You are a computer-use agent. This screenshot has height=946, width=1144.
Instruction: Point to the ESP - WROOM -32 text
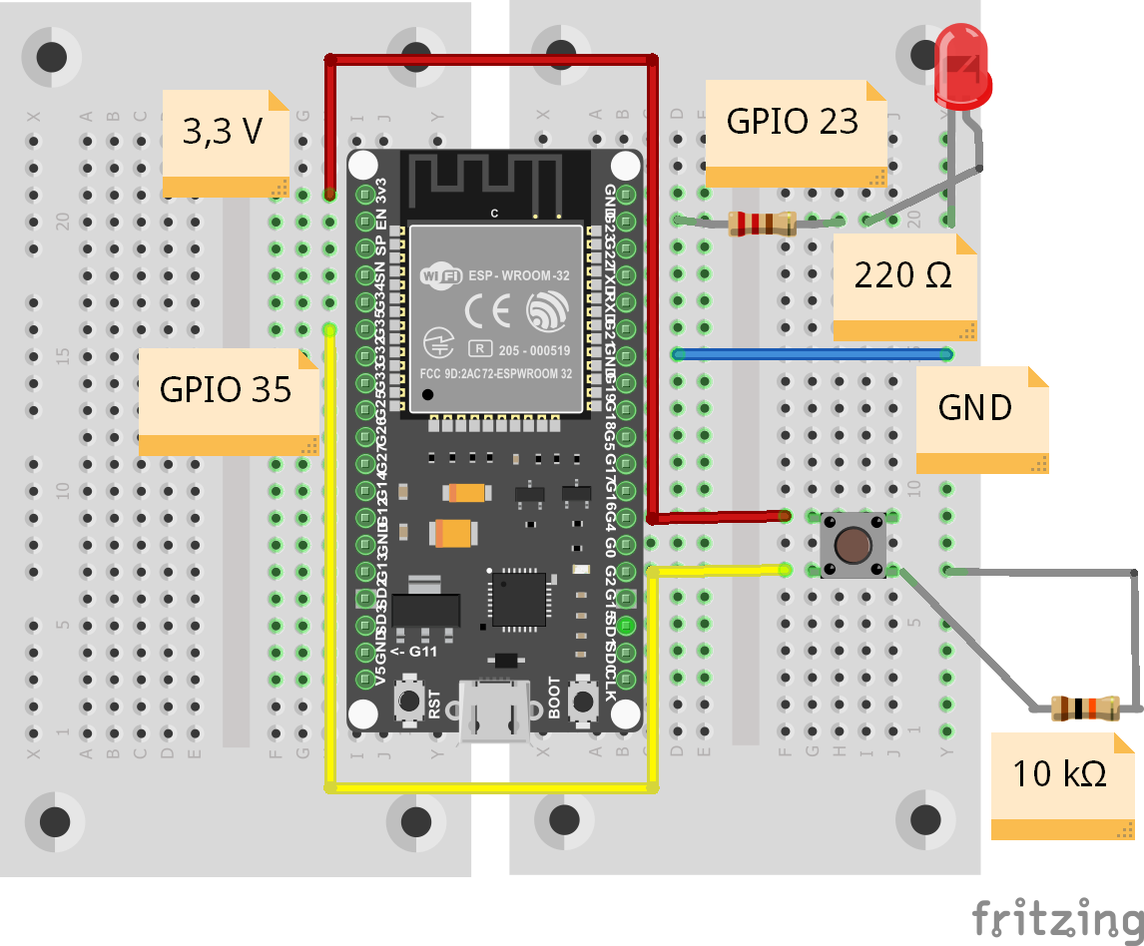click(518, 274)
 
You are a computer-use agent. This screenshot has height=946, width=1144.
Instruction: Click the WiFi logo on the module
click(438, 272)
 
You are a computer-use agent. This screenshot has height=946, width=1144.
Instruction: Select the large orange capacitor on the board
click(452, 534)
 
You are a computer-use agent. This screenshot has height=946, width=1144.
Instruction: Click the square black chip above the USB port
click(518, 599)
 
